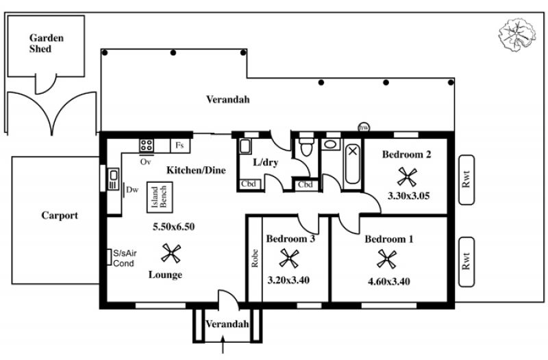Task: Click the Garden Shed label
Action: click(47, 43)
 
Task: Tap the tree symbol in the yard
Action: click(517, 35)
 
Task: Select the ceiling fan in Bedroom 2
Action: click(407, 177)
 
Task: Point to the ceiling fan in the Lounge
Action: click(171, 253)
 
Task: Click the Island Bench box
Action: click(160, 197)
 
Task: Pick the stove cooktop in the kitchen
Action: click(147, 145)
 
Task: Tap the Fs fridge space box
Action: click(180, 146)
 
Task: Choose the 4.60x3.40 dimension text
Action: click(389, 281)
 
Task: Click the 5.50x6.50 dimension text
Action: click(174, 227)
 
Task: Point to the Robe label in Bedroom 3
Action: click(255, 258)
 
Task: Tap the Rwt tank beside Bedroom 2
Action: click(466, 180)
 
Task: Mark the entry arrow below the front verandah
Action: click(223, 344)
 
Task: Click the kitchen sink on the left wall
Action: click(113, 179)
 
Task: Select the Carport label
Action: click(60, 216)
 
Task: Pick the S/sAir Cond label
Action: click(125, 259)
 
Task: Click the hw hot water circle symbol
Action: click(364, 127)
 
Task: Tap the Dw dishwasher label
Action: click(132, 190)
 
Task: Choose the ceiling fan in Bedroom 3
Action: click(289, 258)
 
